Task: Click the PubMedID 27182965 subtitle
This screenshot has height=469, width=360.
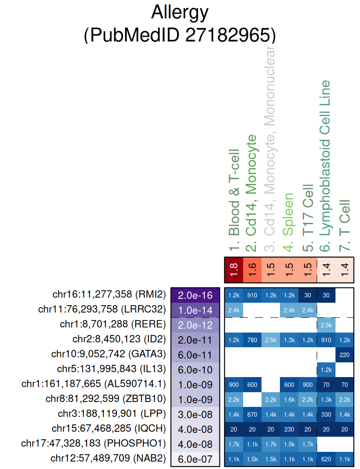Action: pos(180,35)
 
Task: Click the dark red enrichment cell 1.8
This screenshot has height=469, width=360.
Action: pos(234,270)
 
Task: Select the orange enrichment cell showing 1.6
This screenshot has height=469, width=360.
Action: pos(252,270)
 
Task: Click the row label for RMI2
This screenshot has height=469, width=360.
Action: pos(109,294)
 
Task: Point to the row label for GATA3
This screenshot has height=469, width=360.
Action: pos(109,355)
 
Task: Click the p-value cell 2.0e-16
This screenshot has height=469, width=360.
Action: pos(195,295)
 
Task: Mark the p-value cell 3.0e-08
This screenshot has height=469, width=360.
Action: pos(195,415)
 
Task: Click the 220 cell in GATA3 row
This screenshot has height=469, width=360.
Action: pos(344,355)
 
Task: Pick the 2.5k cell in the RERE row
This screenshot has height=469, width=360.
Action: pos(326,325)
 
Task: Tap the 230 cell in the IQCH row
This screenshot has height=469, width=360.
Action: pos(289,430)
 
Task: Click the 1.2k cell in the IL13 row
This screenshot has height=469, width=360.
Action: pos(326,370)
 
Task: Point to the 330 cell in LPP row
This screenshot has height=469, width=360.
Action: pos(326,415)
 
